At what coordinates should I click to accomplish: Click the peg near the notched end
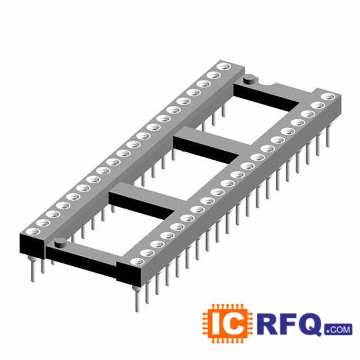tap(250, 80)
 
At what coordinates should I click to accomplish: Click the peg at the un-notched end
tap(60, 243)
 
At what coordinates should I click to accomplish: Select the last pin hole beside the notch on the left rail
tap(224, 66)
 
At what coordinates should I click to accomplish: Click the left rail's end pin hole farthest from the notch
tap(34, 231)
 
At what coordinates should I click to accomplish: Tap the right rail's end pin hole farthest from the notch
tap(138, 262)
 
